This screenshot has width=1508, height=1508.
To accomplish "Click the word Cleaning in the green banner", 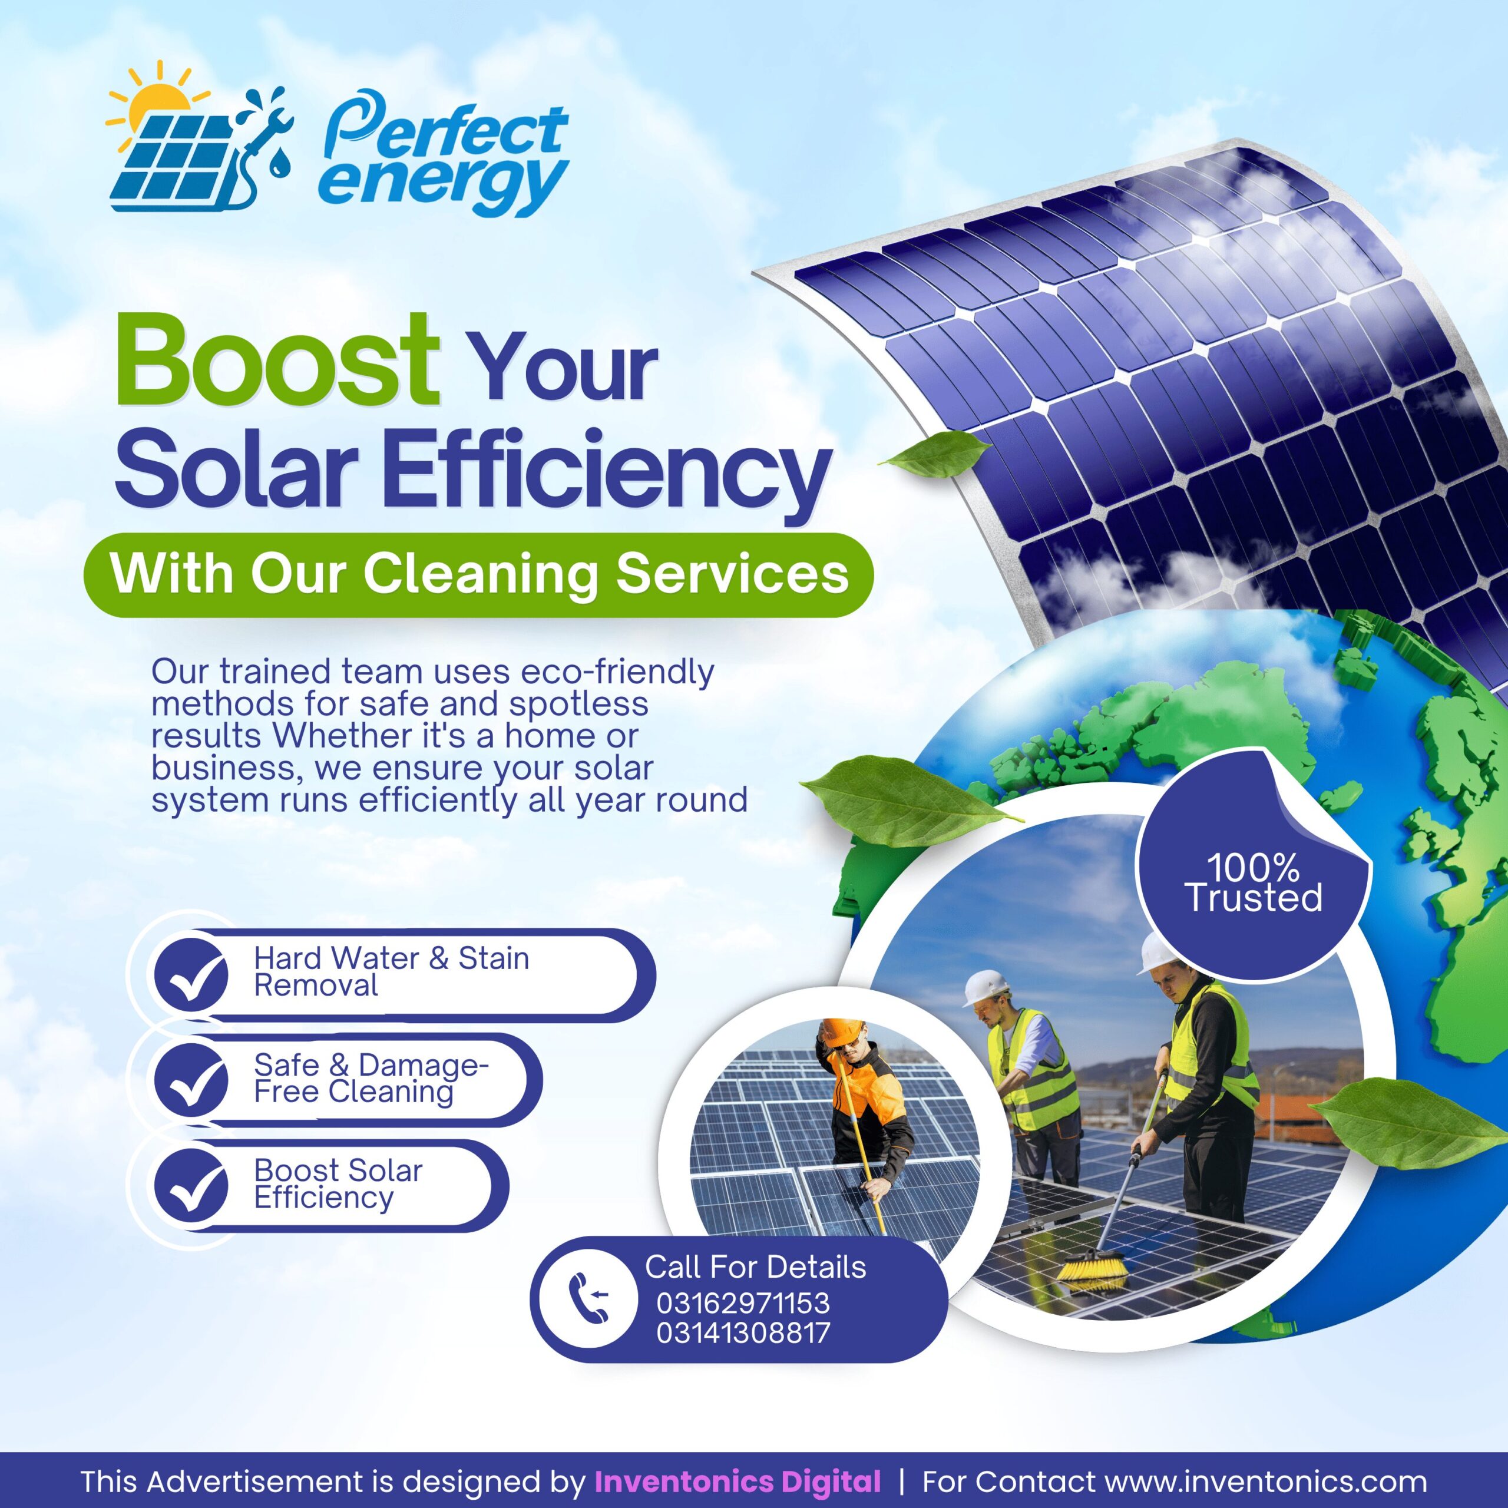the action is click(x=484, y=574).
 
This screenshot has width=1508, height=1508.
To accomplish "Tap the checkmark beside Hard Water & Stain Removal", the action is click(x=190, y=975).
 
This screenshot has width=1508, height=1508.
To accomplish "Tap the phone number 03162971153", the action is click(x=742, y=1303).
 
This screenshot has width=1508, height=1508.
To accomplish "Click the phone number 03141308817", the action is click(x=742, y=1332).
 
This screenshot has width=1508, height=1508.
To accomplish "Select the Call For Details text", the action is click(x=755, y=1268).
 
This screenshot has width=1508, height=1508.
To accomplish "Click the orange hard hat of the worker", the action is click(x=841, y=1033).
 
